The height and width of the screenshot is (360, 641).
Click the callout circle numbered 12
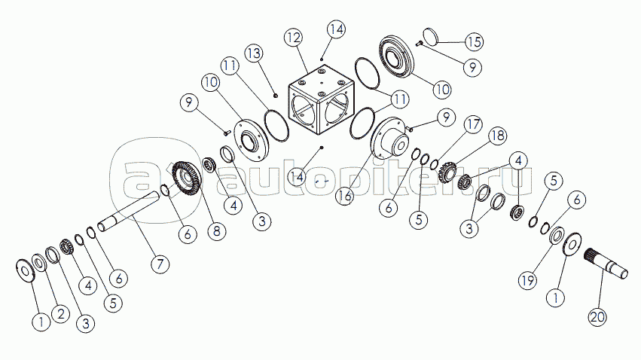tap(294, 38)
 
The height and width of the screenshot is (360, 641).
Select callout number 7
tap(159, 264)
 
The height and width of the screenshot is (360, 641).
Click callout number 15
tap(474, 41)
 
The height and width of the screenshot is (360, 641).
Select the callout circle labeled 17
tap(472, 123)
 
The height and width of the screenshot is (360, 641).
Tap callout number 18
tap(497, 136)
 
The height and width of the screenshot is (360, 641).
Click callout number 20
tap(597, 318)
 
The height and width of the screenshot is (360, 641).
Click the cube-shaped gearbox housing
tap(320, 102)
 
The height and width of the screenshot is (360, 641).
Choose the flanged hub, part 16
tap(389, 142)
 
